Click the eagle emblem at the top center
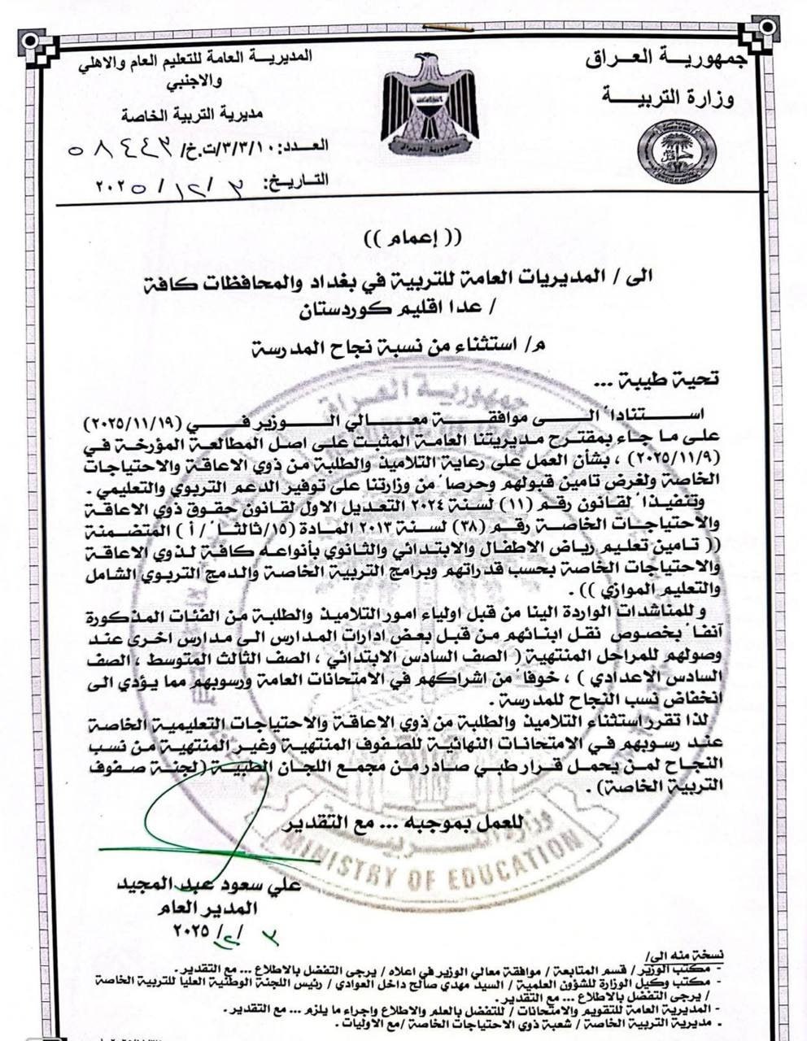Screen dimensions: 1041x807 pos(430,106)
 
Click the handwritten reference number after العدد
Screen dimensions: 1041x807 pos(115,148)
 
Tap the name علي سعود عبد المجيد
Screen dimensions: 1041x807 pos(210,884)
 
